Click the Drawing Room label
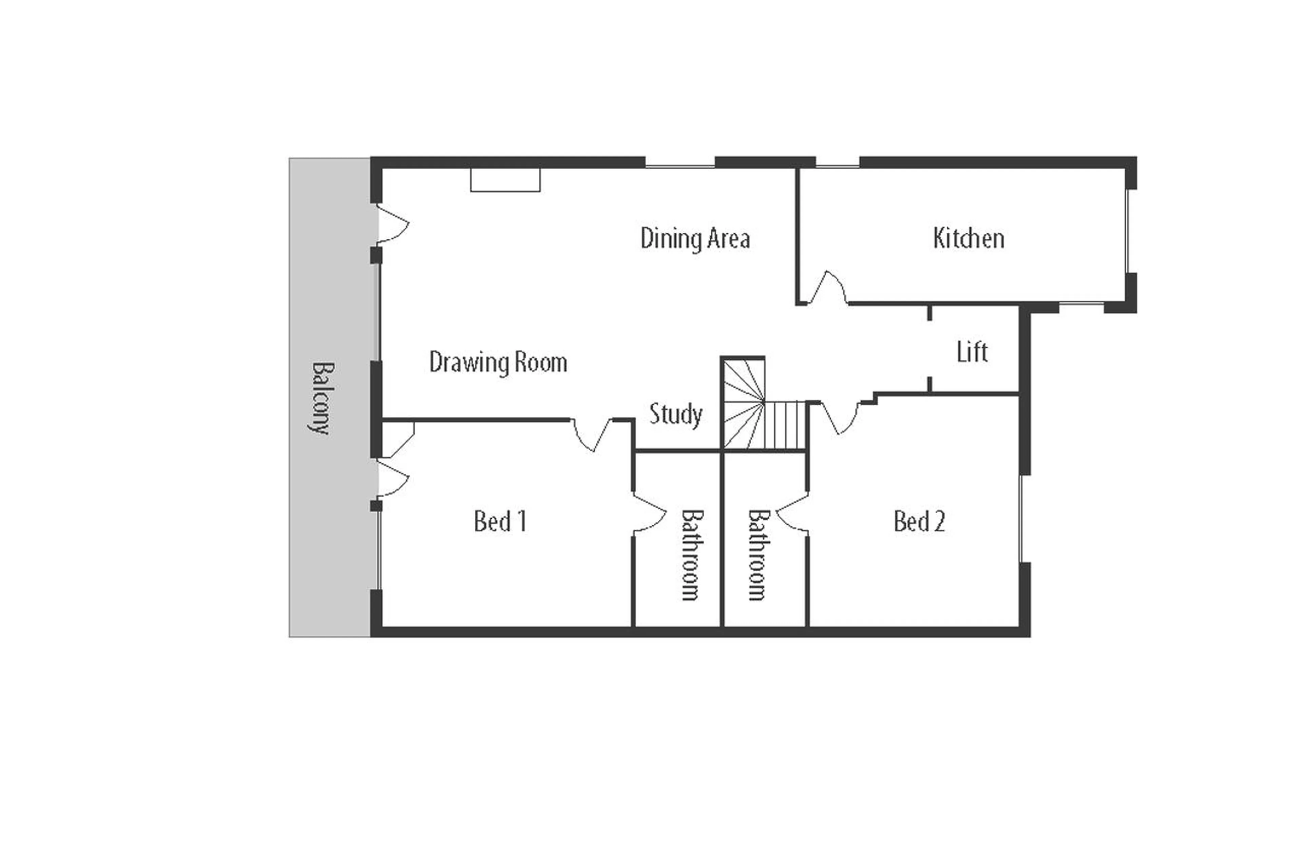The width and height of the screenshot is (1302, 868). pos(498,363)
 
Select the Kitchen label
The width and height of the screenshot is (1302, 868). pos(968,238)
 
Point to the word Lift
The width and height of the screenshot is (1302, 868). pos(972,352)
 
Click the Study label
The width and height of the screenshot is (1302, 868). pos(675,414)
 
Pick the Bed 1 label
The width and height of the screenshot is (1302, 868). pos(500,521)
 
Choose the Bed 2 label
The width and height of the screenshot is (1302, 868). pos(919,521)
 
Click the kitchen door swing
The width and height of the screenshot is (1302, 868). pos(828,288)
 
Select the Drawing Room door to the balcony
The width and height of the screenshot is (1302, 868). pos(392,224)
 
